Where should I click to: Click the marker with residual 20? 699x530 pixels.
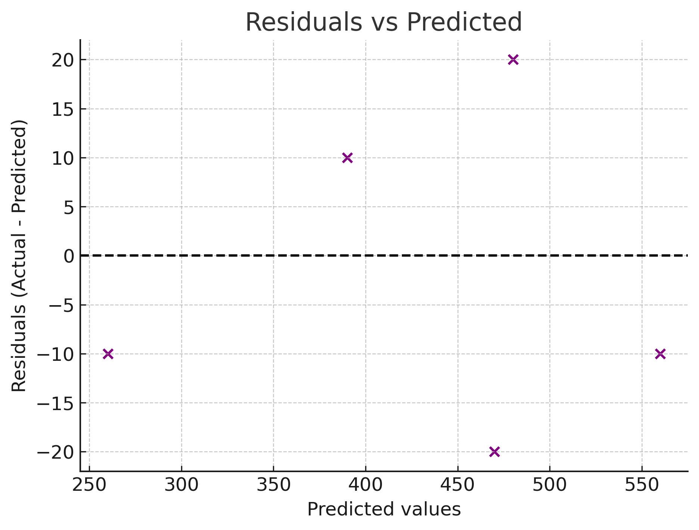coord(513,60)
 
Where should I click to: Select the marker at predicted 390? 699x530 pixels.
coord(347,158)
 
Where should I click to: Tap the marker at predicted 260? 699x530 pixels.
coord(108,354)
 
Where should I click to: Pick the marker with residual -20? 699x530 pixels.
coord(494,452)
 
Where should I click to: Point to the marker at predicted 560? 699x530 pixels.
coord(660,354)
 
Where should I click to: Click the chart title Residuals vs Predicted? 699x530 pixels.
coord(383,22)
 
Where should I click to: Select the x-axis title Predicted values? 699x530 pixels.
coord(383,509)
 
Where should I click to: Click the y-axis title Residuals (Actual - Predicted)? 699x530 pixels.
coord(19,256)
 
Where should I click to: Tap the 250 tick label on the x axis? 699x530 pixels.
coord(89,486)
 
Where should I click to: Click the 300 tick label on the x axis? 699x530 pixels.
coord(181,486)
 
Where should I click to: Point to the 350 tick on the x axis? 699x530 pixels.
coord(274,486)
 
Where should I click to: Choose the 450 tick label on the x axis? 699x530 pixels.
coord(458,486)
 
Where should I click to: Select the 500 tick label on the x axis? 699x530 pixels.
coord(550,486)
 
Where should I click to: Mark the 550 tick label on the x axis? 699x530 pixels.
coord(642,486)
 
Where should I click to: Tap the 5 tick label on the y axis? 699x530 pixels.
coord(69,207)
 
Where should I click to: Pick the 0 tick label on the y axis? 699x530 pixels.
coord(69,256)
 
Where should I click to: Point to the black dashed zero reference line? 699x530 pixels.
coord(411,256)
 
